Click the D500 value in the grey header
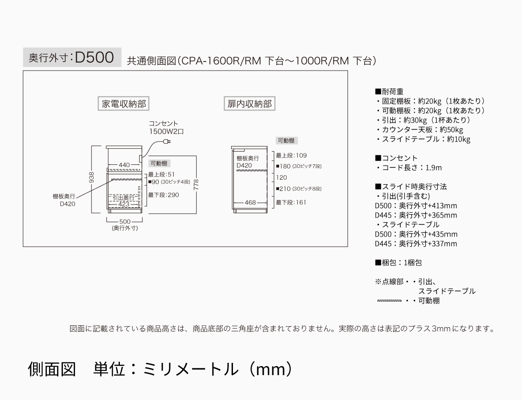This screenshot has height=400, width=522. [94, 57]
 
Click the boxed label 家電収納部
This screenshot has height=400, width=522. [123, 104]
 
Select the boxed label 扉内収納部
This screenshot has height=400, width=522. [249, 104]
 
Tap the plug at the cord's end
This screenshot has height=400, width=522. [167, 142]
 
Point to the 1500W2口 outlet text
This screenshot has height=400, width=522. [166, 131]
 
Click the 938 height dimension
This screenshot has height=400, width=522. [91, 177]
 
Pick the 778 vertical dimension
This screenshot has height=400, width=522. [196, 185]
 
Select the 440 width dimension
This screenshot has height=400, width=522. [124, 165]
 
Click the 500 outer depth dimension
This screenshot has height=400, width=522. [125, 221]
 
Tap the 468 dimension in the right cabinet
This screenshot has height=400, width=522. [250, 202]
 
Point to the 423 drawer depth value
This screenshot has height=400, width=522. [124, 204]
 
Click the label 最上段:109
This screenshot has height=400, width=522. [291, 155]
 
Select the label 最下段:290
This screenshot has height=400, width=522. [163, 195]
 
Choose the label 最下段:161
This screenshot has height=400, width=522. [291, 202]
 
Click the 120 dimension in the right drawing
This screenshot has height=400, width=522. [281, 177]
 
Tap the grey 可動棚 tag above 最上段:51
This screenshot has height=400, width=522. [159, 163]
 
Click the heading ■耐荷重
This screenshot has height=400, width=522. [389, 91]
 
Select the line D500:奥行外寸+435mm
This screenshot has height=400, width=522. [416, 234]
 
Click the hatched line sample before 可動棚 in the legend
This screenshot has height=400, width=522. [389, 301]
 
